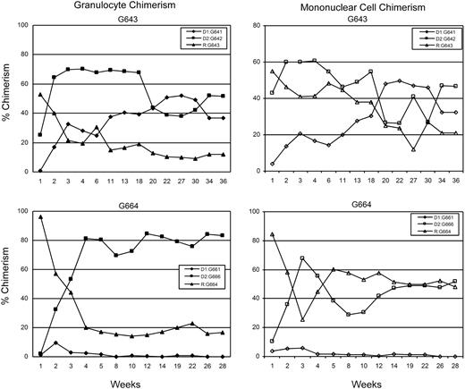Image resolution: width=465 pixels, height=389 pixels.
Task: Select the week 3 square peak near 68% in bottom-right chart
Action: tap(327, 258)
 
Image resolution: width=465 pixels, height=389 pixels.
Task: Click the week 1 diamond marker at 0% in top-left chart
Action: tap(41, 170)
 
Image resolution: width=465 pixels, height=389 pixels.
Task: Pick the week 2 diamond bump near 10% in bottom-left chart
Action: tap(56, 342)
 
